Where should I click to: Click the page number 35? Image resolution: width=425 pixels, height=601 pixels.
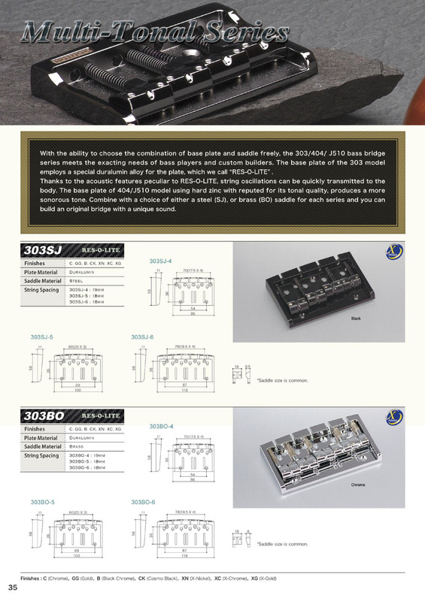[x=13, y=587]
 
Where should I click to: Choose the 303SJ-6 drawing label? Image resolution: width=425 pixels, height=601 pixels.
[x=143, y=337]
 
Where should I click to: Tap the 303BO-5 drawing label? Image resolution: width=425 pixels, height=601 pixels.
[x=43, y=501]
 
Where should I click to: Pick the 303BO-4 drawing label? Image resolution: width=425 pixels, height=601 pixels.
[x=162, y=426]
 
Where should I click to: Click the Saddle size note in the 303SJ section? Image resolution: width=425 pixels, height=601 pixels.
[x=282, y=380]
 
